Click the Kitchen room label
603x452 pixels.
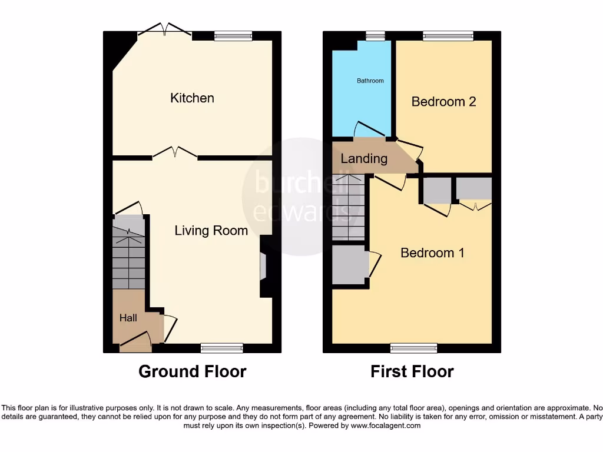(192, 98)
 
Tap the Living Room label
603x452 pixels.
(211, 230)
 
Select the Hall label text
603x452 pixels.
(128, 318)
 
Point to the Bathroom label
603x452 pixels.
(370, 81)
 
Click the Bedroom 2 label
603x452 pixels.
(443, 101)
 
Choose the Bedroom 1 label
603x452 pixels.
(432, 252)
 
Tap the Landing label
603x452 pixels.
(364, 158)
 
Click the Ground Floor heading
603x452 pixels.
(192, 371)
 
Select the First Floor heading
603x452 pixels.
(412, 371)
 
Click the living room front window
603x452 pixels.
(221, 348)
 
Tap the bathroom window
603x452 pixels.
(372, 36)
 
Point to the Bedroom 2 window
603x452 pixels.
(448, 36)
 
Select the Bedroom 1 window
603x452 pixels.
(413, 348)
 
